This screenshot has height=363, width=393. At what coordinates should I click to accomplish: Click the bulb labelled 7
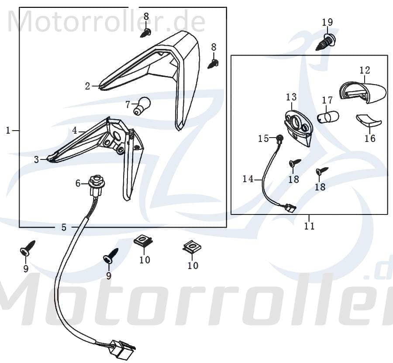point(142,106)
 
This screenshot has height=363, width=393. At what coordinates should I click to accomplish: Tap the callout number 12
point(365,70)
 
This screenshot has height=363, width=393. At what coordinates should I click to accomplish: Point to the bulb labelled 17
point(330,117)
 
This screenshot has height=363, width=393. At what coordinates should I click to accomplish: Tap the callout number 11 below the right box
point(310,226)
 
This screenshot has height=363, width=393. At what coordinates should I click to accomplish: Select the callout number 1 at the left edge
point(8,130)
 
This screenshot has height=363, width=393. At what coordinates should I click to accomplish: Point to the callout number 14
point(248,178)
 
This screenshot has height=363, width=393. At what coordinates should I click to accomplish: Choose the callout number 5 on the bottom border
point(64,227)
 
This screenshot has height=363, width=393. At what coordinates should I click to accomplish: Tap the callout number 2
point(87,86)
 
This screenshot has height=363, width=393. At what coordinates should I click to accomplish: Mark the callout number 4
point(75,130)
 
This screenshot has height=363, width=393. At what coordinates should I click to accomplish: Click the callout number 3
point(36,160)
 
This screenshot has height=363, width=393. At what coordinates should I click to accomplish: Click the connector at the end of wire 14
point(289,208)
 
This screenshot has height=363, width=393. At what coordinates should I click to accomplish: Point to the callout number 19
point(327,22)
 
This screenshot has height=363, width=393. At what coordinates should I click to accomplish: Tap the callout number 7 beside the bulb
point(128,104)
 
